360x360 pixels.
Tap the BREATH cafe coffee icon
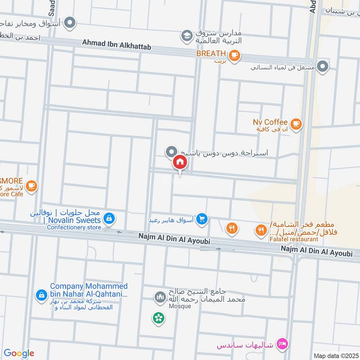[234, 56]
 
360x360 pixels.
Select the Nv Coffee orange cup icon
[296, 125]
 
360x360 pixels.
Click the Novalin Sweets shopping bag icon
[108, 219]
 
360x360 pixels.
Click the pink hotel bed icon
[282, 344]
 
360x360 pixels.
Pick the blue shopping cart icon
[202, 219]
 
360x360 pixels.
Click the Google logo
[19, 353]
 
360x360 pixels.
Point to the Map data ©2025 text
[335, 355]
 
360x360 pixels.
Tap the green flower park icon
[158, 318]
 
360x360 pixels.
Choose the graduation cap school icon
[186, 35]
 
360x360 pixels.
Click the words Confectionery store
[74, 228]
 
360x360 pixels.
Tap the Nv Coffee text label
[270, 122]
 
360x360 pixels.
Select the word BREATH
[210, 54]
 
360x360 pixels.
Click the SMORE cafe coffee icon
[31, 185]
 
